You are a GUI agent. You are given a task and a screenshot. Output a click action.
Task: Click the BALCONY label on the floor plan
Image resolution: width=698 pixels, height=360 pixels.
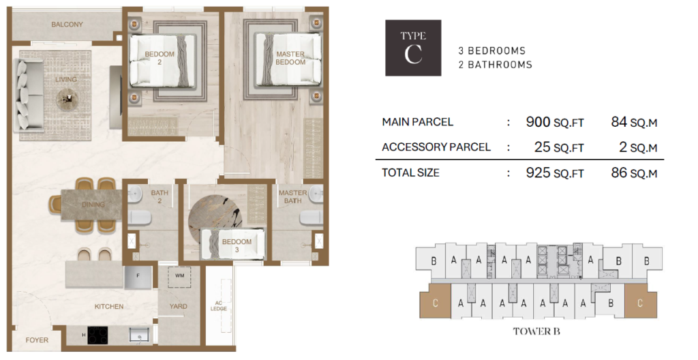tap(67, 25)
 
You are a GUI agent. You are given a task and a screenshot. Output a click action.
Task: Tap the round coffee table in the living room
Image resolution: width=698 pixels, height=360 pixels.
tap(67, 98)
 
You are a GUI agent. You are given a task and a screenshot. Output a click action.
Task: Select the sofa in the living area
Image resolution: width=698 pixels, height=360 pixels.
tap(29, 95)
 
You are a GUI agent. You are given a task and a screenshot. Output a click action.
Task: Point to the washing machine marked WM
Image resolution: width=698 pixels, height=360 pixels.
tap(179, 276)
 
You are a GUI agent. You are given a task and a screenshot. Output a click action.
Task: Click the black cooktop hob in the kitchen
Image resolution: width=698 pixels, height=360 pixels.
tap(97, 335)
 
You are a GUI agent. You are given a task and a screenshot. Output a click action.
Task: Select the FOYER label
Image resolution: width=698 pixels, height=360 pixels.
tap(37, 340)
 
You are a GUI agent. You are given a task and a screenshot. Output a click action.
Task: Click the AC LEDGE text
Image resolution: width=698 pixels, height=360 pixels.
tap(219, 305)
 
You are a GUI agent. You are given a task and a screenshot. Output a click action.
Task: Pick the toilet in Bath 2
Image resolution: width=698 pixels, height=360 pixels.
tap(140, 218)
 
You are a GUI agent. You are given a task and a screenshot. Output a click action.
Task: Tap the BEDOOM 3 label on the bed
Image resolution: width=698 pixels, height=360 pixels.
tap(237, 245)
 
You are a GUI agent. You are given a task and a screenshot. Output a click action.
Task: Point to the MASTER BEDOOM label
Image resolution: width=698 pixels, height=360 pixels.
tap(290, 58)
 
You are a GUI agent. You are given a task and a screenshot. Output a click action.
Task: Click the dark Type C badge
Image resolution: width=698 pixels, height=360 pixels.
tap(413, 48)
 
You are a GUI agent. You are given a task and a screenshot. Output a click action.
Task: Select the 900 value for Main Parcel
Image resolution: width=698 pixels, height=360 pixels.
tap(538, 121)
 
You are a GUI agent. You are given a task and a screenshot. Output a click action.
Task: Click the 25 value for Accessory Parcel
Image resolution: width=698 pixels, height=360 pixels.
tap(542, 147)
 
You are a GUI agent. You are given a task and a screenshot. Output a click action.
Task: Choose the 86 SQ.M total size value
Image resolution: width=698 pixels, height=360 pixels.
tap(634, 172)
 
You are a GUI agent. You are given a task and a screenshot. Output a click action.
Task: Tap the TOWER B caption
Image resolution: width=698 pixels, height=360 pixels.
tap(536, 331)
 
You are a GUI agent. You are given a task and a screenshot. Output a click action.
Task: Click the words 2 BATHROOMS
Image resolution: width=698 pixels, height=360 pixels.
tap(496, 65)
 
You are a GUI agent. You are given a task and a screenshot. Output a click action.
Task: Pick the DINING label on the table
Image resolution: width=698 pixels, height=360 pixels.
tap(93, 205)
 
